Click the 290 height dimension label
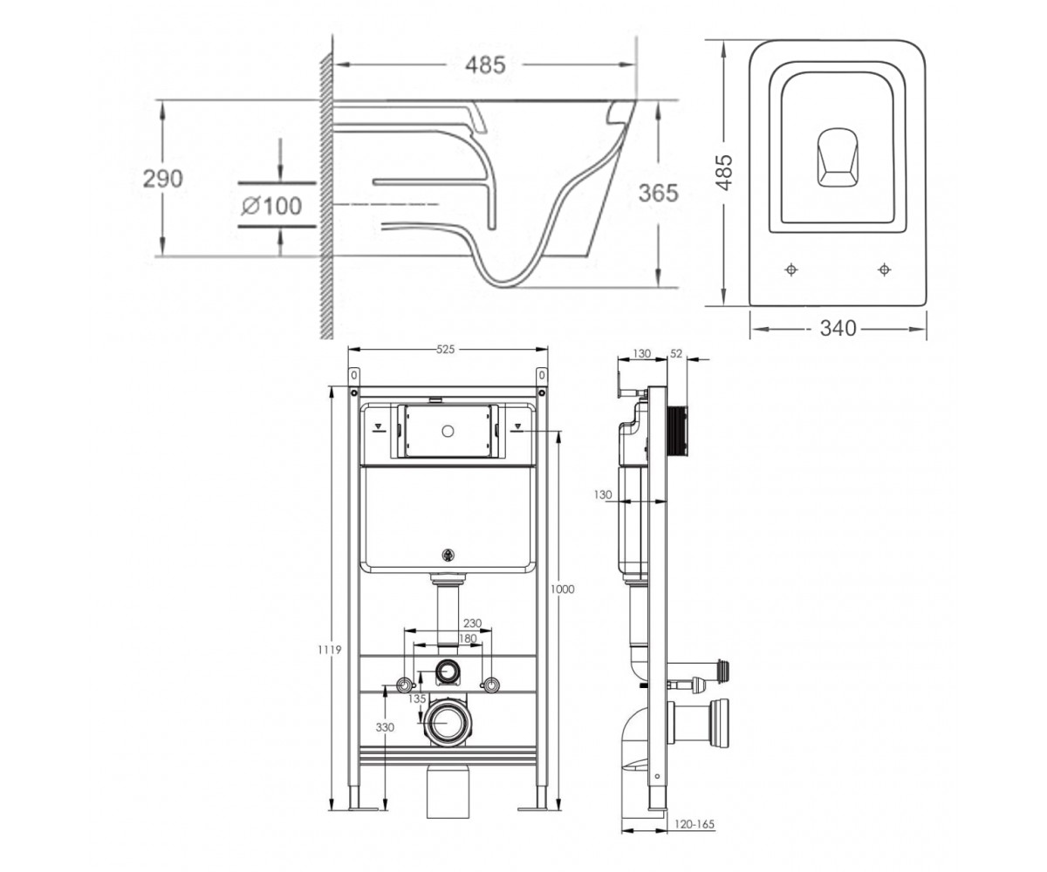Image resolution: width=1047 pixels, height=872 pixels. click(163, 179)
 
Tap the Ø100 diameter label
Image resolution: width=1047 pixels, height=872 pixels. click(271, 206)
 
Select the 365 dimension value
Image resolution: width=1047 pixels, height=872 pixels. click(659, 193)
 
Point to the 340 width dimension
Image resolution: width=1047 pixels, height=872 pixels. click(838, 328)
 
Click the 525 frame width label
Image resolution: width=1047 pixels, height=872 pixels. click(445, 350)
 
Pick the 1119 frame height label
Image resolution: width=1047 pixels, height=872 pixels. click(330, 650)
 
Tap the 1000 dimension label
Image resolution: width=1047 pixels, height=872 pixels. click(562, 589)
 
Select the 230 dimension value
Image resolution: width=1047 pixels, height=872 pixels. click(472, 623)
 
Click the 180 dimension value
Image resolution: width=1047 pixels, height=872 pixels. click(468, 638)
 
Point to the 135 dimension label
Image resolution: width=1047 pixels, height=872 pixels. click(417, 698)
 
